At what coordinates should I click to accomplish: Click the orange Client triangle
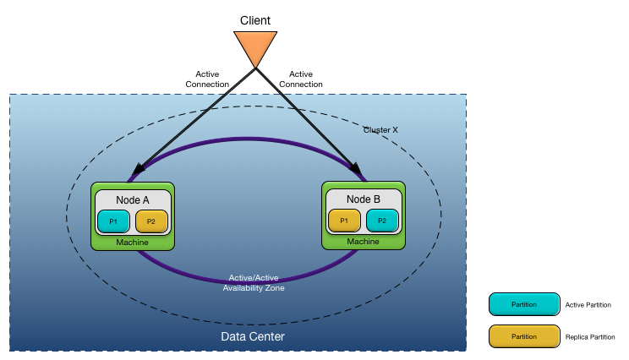tap(254, 46)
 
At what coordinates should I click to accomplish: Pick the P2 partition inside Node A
tap(151, 222)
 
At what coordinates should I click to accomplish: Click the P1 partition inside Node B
tap(343, 221)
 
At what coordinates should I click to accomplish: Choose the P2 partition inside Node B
tap(382, 221)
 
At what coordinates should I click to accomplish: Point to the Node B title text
tap(364, 199)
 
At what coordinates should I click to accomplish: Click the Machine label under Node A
tap(132, 243)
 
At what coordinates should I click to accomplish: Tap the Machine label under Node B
tap(364, 242)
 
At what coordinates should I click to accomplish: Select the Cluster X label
tap(380, 130)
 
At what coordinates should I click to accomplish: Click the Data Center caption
tap(253, 337)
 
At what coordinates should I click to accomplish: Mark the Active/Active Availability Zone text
tap(254, 283)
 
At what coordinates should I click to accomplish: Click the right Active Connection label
tap(301, 79)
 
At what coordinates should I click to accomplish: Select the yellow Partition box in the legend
tap(524, 336)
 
